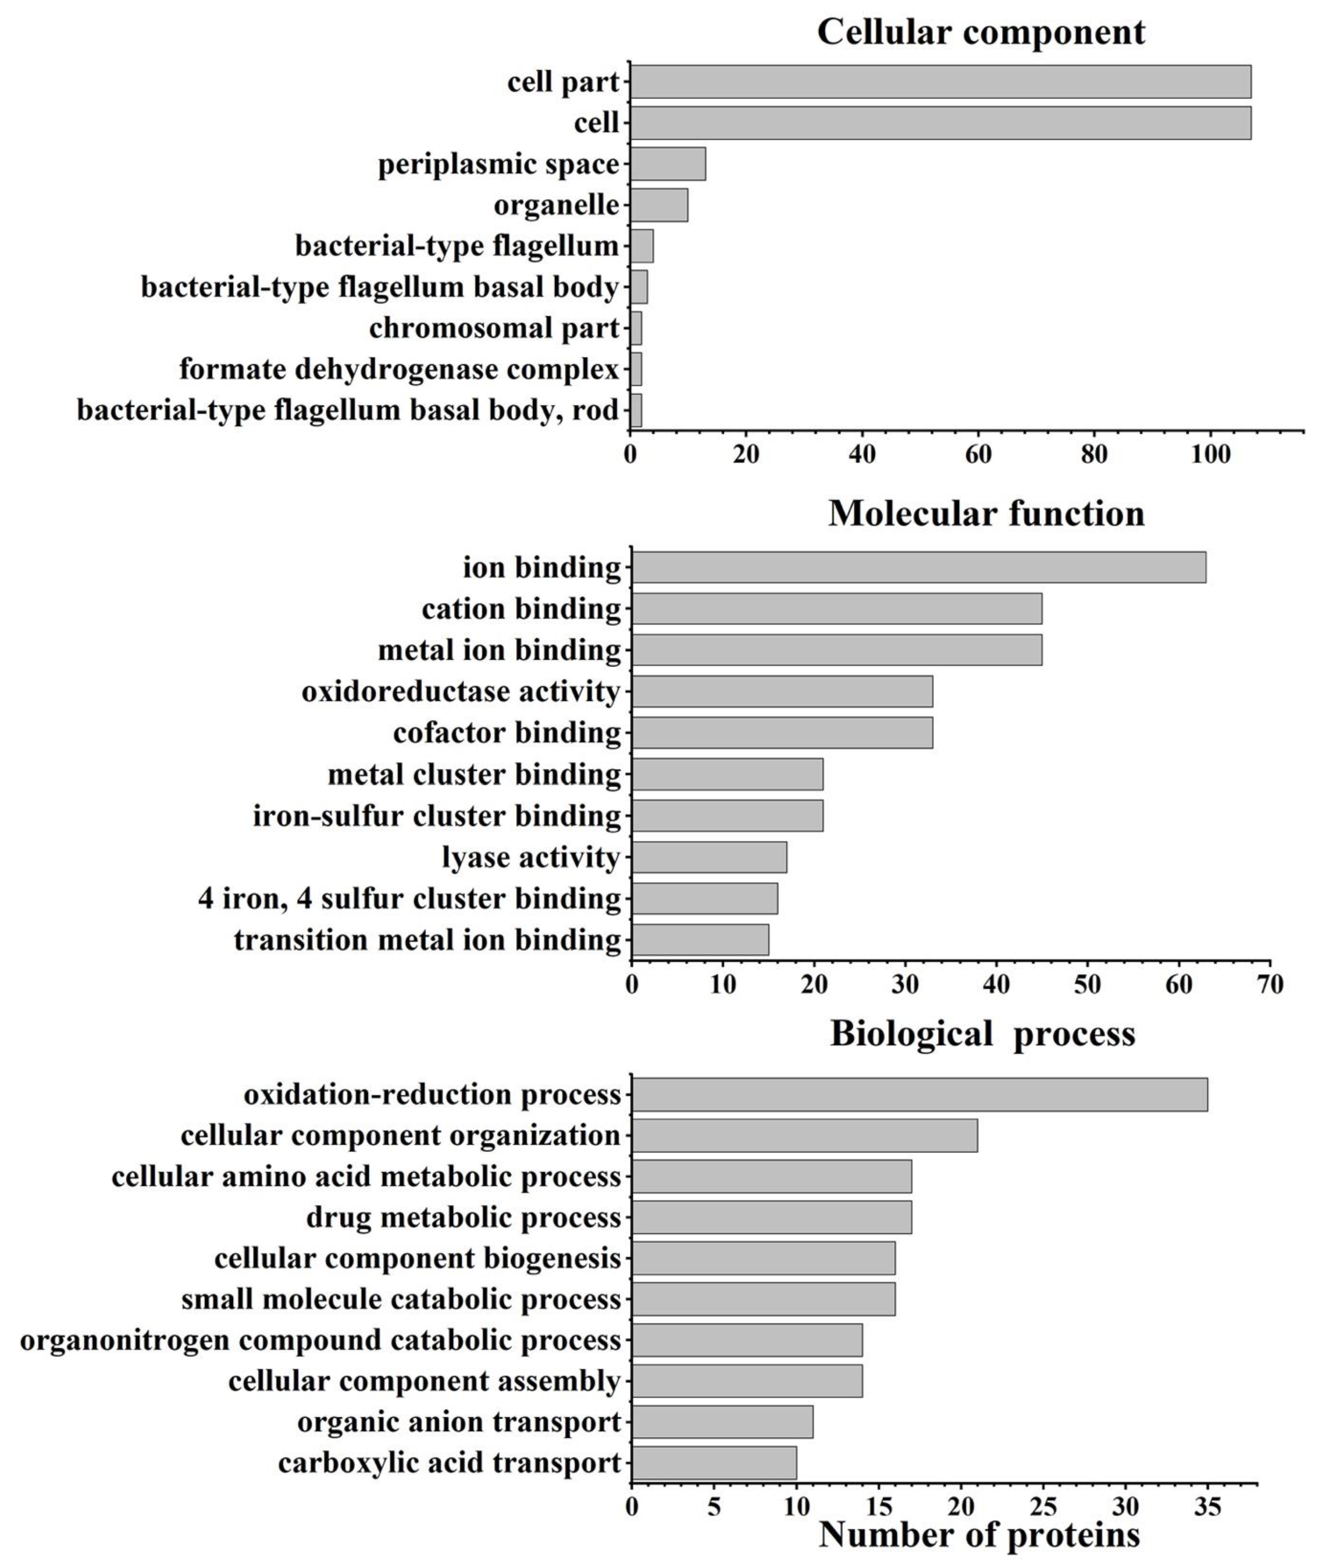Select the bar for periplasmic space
668,164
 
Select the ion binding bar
918,567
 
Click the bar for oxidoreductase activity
782,691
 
